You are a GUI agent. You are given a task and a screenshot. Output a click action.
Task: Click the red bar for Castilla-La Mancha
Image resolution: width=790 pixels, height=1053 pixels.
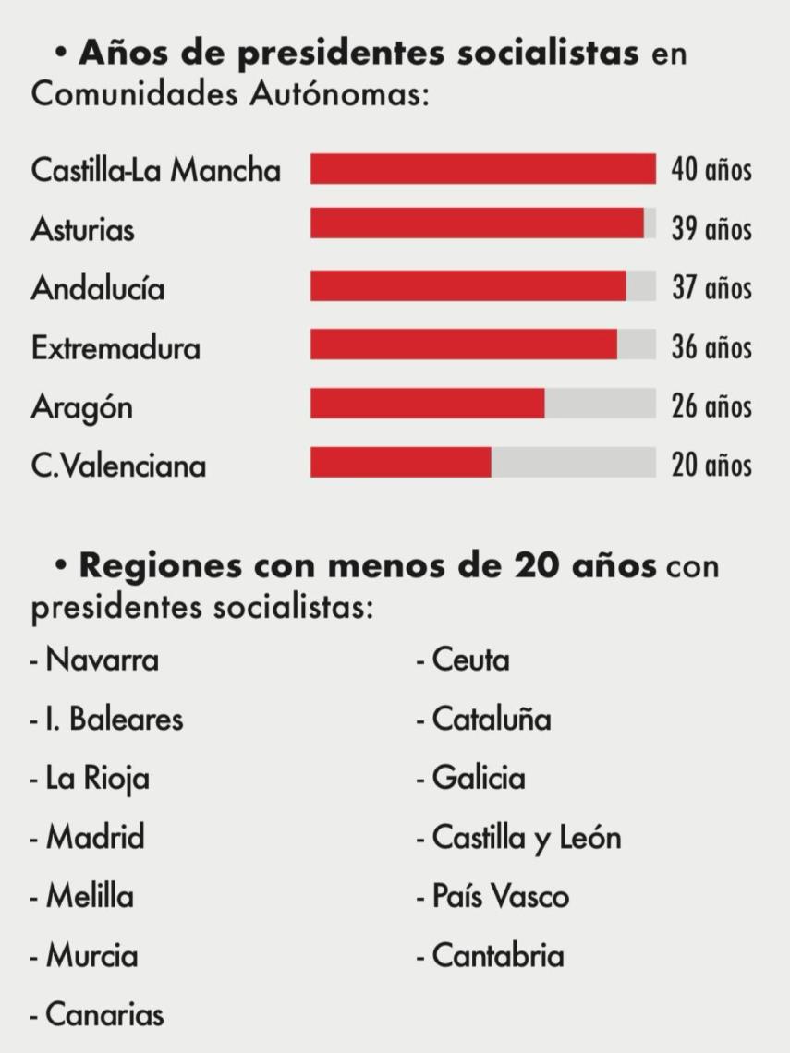(482, 170)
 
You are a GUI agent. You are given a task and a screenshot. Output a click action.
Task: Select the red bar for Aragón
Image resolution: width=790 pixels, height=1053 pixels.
(427, 405)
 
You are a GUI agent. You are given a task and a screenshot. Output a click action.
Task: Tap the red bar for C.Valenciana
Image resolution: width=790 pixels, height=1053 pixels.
(400, 463)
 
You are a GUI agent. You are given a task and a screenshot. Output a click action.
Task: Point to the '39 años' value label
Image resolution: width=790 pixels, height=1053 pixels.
(711, 229)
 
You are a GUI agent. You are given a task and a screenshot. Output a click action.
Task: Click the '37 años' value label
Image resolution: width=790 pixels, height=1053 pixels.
(711, 288)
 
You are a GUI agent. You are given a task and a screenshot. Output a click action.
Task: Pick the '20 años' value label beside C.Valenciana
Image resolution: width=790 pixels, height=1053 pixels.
(711, 465)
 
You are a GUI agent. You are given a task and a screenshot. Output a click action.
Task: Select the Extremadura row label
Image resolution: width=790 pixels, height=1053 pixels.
(115, 348)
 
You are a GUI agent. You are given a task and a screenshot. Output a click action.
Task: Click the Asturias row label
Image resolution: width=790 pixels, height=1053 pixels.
(82, 229)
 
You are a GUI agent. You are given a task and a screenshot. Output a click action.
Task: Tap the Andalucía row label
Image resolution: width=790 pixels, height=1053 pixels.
(98, 288)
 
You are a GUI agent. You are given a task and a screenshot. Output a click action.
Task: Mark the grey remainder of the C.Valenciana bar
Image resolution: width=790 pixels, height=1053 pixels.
(573, 463)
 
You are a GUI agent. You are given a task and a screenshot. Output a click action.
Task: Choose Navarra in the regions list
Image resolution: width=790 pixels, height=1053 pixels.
(102, 660)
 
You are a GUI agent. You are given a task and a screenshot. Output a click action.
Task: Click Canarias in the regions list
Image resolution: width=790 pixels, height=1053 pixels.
(104, 1014)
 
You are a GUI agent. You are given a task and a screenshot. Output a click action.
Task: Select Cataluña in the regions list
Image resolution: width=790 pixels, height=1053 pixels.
(491, 720)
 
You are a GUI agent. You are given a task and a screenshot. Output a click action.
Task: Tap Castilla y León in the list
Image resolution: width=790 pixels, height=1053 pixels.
(526, 838)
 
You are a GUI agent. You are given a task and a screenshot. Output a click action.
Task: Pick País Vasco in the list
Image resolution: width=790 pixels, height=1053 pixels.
(500, 897)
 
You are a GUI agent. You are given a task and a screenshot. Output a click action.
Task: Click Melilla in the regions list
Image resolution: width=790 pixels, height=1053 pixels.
(90, 897)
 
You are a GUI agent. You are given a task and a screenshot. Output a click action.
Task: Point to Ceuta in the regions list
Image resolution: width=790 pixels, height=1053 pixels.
(470, 660)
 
